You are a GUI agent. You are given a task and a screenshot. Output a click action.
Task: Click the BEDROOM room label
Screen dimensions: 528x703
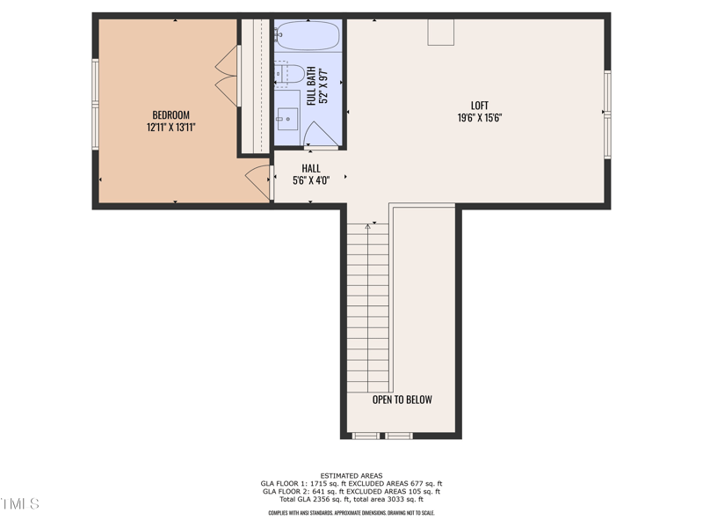(170, 115)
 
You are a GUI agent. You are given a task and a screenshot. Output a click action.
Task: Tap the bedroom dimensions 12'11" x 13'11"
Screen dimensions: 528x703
(170, 128)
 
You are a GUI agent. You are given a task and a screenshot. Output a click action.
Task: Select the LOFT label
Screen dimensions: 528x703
(479, 106)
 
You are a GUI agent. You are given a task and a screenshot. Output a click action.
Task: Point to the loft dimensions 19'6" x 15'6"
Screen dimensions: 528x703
(479, 118)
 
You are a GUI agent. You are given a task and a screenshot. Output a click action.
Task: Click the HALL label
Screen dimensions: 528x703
(311, 168)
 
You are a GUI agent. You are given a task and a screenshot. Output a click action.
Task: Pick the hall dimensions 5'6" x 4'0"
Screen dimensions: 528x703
(311, 180)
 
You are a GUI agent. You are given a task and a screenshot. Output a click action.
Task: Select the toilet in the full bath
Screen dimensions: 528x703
(290, 73)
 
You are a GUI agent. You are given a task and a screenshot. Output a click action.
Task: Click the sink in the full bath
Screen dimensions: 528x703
(286, 116)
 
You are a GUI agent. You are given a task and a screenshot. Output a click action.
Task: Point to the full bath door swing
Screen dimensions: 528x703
(318, 134)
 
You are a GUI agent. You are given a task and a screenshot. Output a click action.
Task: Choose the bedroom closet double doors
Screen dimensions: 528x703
(227, 76)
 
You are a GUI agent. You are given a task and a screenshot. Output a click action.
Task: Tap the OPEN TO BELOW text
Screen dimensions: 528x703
(402, 400)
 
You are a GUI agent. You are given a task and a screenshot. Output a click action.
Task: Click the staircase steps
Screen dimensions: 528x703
(367, 308)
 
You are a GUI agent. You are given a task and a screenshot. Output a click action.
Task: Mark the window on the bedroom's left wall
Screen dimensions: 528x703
(96, 84)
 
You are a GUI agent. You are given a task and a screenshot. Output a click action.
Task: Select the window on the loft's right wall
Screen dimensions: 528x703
(606, 114)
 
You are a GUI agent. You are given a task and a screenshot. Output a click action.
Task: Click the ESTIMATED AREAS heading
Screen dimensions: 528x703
(351, 476)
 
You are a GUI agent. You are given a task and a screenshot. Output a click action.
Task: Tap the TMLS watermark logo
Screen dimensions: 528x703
(19, 504)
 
